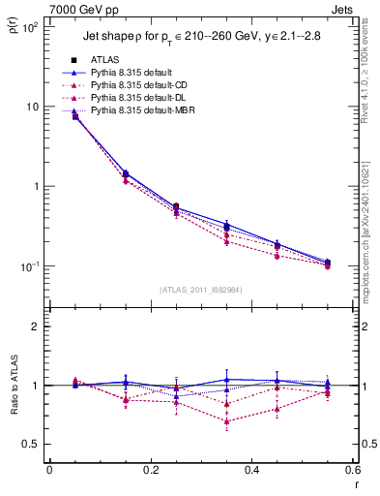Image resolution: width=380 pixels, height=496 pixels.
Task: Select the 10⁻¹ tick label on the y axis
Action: point(27,266)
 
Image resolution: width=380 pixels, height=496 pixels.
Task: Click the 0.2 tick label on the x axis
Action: point(150,471)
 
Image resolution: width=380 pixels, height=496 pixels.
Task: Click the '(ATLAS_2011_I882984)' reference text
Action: point(200,290)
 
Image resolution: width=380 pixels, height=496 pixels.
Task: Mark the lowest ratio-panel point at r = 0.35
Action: point(226,421)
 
